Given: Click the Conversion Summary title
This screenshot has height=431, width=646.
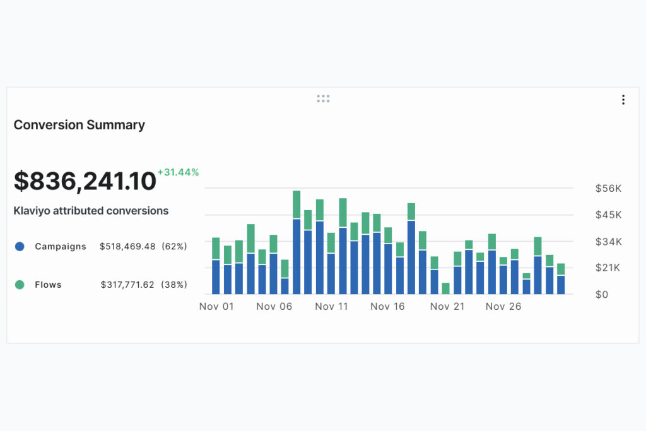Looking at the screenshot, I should point(79,125).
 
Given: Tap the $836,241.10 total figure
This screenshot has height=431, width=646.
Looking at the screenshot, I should point(85,182).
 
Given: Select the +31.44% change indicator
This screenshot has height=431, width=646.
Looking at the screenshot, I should point(178,172).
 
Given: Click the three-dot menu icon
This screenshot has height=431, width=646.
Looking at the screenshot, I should point(623,100).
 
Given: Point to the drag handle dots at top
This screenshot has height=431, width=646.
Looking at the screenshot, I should point(323,98).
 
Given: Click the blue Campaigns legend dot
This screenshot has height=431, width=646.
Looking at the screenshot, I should point(20,247).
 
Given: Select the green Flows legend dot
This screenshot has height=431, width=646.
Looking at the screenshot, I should point(20,285).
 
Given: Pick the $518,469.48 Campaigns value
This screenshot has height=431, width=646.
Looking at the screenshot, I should point(127,247).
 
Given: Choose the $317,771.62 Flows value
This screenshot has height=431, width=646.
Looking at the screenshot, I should point(127,285).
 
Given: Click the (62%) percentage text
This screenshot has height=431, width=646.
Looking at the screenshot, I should point(174,247).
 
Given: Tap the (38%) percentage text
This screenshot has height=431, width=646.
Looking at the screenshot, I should point(174,285).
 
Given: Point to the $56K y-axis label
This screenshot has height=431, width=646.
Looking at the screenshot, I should point(608,188).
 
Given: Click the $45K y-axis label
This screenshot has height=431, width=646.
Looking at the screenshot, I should point(608,215).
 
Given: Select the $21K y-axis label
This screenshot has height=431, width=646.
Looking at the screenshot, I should point(608,268).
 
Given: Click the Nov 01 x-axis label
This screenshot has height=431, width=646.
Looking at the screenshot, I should point(216,307).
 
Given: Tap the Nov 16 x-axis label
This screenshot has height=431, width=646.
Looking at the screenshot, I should point(387,307).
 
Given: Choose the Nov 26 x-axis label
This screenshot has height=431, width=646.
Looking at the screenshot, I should point(503,307).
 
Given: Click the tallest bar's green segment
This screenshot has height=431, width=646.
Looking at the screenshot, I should point(297,204).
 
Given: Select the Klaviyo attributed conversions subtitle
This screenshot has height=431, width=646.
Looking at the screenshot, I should point(91,211).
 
